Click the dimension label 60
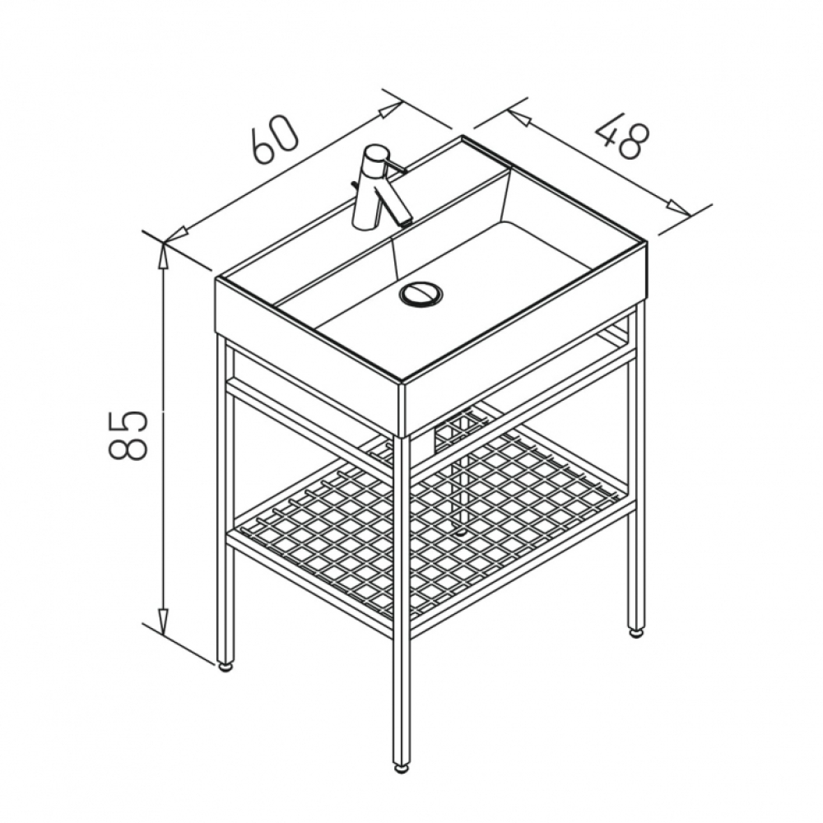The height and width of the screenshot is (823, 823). [x=274, y=137]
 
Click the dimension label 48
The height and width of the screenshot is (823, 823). [x=623, y=135]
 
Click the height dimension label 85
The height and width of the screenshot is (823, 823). [x=127, y=435]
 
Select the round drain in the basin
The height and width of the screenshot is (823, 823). [x=421, y=295]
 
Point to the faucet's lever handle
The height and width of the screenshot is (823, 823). [x=395, y=167]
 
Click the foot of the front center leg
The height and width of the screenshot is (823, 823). [x=401, y=769]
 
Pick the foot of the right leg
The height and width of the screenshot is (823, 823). [x=636, y=632]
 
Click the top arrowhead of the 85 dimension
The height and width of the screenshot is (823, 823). [x=164, y=256]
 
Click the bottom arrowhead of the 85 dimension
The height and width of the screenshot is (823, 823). [x=164, y=622]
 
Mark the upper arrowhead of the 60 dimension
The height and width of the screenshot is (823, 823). [x=389, y=109]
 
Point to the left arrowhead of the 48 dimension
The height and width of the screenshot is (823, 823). [x=518, y=118]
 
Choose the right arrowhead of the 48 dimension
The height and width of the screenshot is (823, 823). [x=679, y=208]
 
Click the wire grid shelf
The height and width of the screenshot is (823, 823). [x=430, y=519]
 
